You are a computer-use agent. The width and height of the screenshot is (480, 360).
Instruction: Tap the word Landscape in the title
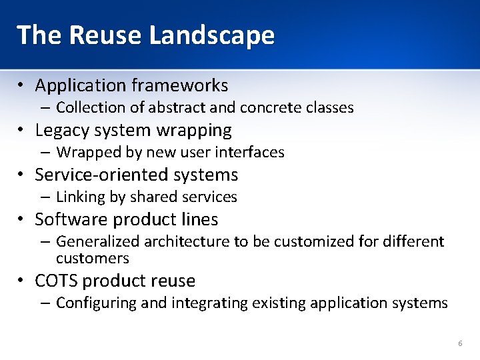(212, 35)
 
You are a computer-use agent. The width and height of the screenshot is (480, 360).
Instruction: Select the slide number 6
(460, 343)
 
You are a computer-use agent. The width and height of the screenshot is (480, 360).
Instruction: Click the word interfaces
(254, 152)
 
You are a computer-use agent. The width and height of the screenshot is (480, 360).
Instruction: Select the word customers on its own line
(92, 258)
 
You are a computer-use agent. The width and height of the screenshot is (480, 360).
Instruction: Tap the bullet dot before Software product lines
(22, 219)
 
